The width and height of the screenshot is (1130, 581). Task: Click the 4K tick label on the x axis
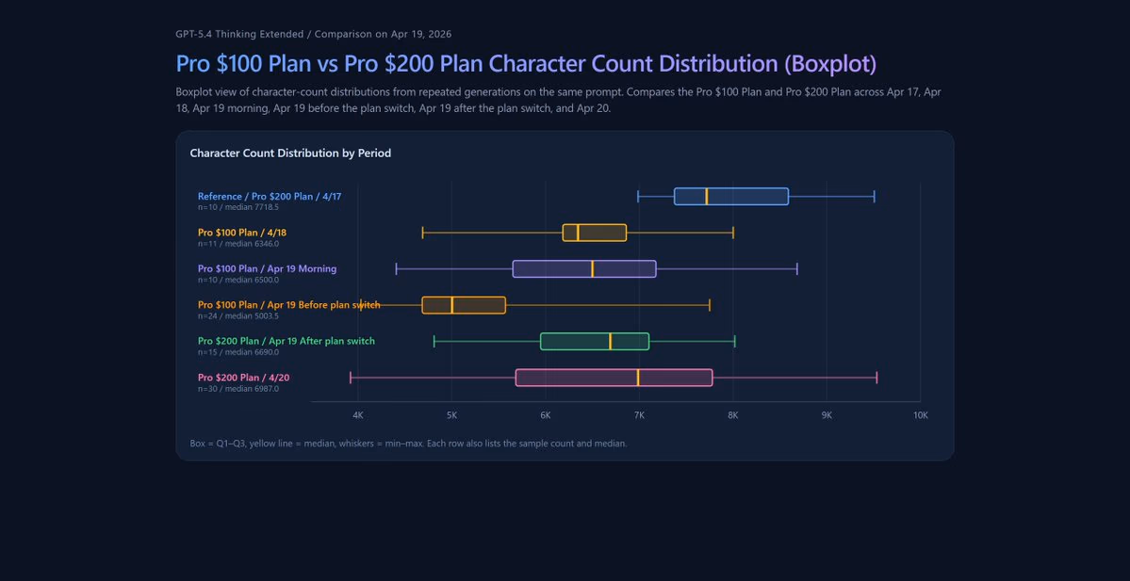coord(358,415)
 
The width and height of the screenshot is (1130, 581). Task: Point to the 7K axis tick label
coord(639,415)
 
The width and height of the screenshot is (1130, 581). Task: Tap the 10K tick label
coord(920,415)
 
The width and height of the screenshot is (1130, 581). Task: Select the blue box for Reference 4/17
coord(730,197)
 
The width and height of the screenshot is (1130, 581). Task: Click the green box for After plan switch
coord(595,341)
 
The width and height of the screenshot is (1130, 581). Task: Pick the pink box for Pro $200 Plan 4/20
coord(614,378)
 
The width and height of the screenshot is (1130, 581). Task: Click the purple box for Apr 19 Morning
coord(584,268)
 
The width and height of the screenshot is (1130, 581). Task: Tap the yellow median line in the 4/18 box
coord(578,233)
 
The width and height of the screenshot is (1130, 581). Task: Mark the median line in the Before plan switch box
coord(451,305)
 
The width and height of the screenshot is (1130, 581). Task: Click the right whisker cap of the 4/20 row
coord(876,378)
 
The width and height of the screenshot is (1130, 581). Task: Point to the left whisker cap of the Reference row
coord(638,197)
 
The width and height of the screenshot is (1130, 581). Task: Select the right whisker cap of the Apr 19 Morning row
coord(797,268)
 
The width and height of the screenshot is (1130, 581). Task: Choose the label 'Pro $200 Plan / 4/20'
coord(243,378)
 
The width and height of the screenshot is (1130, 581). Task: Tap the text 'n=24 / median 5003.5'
coord(238,316)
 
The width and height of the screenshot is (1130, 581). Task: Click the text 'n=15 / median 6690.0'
coord(238,352)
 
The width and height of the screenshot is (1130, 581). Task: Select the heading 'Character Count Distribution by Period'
coord(290,153)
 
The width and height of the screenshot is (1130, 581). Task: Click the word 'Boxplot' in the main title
coord(830,64)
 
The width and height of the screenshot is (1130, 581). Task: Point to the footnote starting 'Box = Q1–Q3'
coord(409,444)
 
